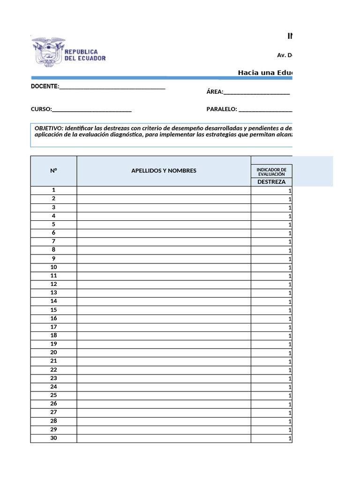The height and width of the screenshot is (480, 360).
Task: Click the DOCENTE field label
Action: tap(45, 87)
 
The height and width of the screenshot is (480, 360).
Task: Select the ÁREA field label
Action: tap(215, 92)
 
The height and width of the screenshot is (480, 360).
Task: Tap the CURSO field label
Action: tap(41, 109)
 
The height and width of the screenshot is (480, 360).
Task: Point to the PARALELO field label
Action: tap(222, 109)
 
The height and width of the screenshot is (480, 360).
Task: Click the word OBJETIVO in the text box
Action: tap(49, 128)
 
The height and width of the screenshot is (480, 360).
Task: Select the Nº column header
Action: tap(53, 171)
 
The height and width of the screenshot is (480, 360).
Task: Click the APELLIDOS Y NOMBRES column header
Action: tap(164, 171)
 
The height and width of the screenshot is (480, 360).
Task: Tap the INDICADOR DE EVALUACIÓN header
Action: tap(271, 171)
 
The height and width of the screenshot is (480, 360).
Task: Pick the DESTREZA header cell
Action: tap(271, 182)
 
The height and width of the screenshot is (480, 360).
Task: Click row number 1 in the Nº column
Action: tap(53, 190)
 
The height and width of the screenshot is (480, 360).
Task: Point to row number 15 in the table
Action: tap(53, 309)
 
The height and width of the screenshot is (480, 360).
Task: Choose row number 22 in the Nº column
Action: tap(53, 369)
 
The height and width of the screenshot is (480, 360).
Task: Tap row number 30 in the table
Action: tap(53, 438)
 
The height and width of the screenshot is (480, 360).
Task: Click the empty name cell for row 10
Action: tap(164, 267)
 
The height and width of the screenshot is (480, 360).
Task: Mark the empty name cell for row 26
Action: tap(164, 404)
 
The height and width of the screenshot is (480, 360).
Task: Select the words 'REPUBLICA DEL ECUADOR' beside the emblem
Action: tap(85, 55)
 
